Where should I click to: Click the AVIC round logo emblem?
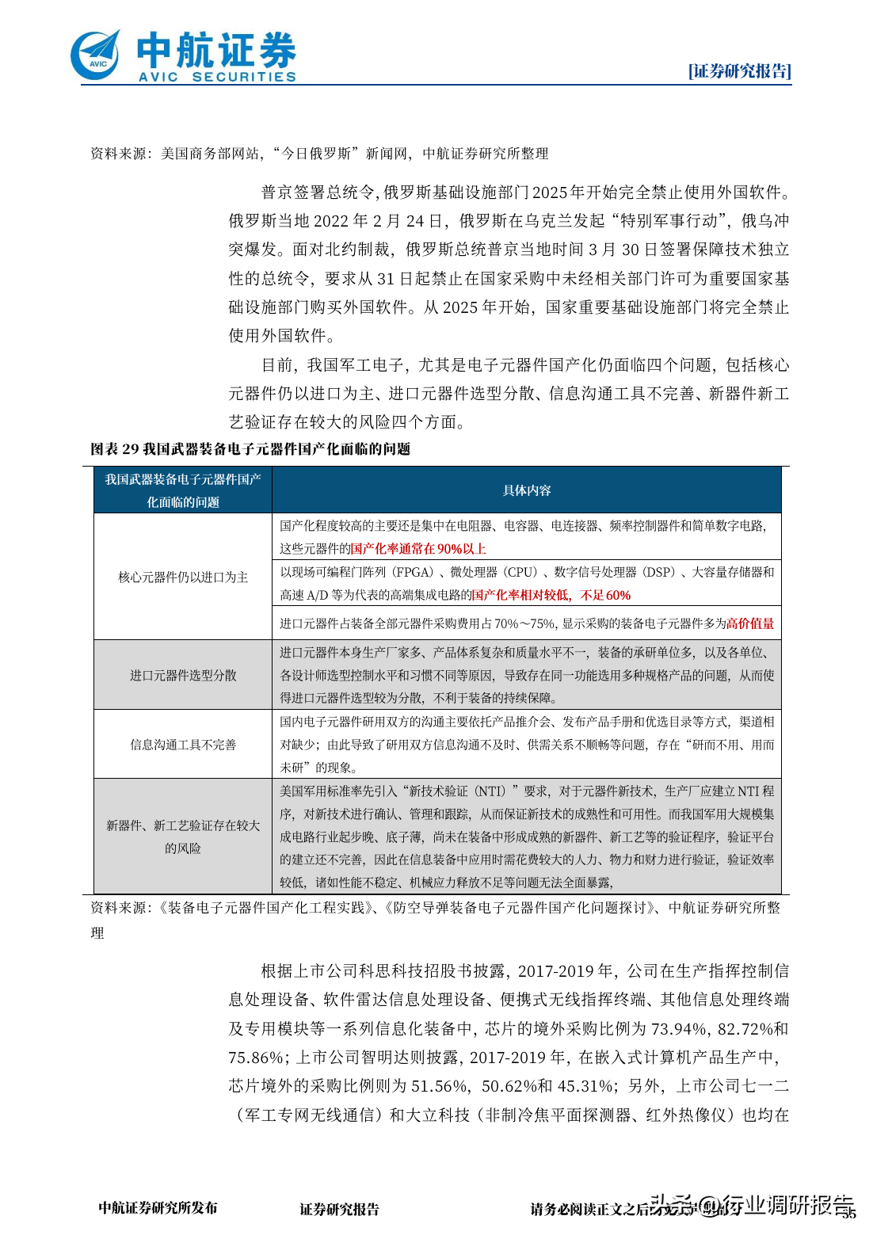[x=96, y=55]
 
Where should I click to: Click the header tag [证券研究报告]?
[x=739, y=71]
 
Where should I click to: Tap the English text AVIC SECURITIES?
[x=217, y=77]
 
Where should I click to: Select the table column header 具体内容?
[x=527, y=490]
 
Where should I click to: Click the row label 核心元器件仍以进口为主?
[x=183, y=577]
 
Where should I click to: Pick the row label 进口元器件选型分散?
[x=183, y=675]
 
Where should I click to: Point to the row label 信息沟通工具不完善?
[x=183, y=744]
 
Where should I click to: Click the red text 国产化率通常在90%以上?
[x=418, y=548]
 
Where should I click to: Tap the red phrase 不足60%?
[x=606, y=595]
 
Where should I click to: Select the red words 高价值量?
[x=750, y=623]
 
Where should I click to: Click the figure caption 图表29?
[x=115, y=449]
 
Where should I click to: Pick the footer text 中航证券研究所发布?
[x=158, y=1208]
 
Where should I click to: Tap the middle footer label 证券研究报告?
[x=339, y=1209]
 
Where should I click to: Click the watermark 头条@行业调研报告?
[x=751, y=1205]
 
